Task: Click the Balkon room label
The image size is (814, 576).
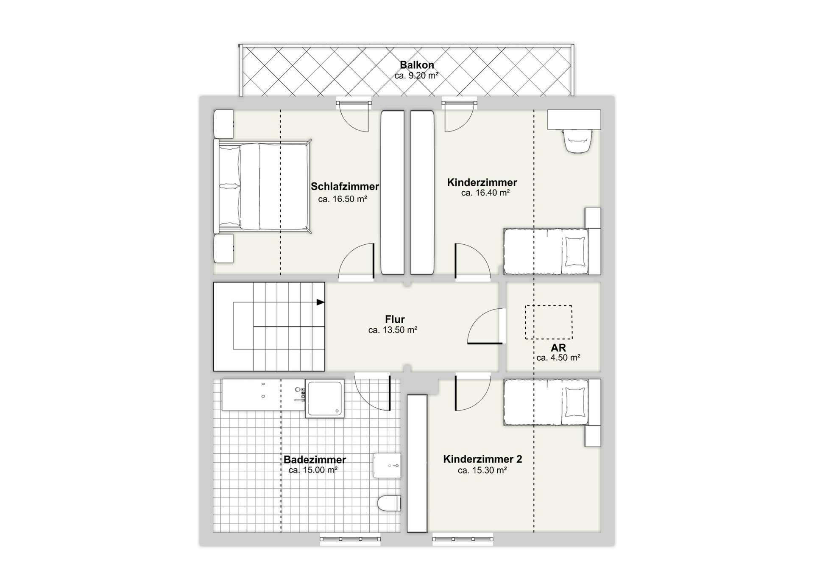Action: coord(417,65)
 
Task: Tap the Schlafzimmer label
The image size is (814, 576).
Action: coord(345,187)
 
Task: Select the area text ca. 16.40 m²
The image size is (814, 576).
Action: coord(485,193)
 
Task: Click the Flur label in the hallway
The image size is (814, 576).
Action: coord(395,319)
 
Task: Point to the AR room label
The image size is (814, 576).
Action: coord(558,348)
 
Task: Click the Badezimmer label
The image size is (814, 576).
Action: coord(315,459)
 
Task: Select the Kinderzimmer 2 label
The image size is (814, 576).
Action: coord(482,459)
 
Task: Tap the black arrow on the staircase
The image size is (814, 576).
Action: coord(321,302)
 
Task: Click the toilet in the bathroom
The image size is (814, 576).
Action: coord(390,503)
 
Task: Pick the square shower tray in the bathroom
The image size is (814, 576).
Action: coord(325,398)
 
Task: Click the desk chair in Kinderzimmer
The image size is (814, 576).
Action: coord(577,140)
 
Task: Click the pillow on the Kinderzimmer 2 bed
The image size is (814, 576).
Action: coord(575,402)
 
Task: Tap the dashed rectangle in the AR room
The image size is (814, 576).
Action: coord(549,322)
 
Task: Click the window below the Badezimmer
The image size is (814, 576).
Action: coord(350,539)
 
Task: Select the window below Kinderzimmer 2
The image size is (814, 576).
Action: coord(463,539)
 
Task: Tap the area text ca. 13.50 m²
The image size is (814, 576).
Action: coord(393,330)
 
